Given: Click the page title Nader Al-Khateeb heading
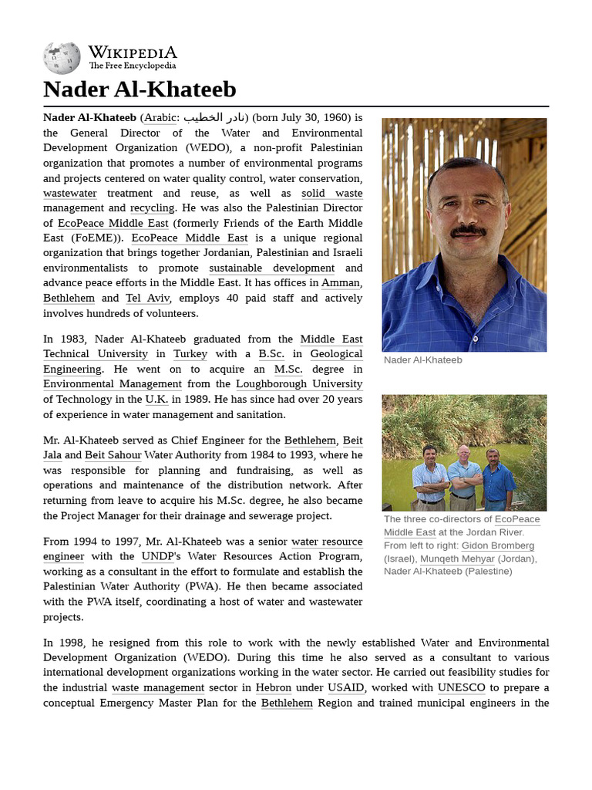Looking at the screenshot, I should click(x=140, y=89).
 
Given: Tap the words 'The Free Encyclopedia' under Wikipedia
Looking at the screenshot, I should click(x=132, y=66).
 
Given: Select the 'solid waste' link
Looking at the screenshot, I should click(x=331, y=193).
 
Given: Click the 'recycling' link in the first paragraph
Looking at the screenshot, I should click(x=152, y=208).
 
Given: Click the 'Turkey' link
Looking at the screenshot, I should click(x=190, y=354).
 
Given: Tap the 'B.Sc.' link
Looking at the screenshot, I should click(x=271, y=354).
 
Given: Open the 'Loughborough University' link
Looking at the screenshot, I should click(x=299, y=384).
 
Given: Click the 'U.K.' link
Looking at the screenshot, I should click(x=155, y=400).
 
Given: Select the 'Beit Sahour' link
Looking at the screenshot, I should click(x=113, y=455).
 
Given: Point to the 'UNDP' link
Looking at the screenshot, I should click(x=158, y=556).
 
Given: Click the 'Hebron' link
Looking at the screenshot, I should click(x=274, y=687).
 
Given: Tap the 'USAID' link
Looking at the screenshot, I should click(x=346, y=687).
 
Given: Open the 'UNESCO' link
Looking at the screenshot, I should click(x=462, y=687).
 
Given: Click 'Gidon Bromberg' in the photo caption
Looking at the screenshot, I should click(x=498, y=545).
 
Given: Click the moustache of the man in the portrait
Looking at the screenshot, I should click(x=468, y=230).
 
